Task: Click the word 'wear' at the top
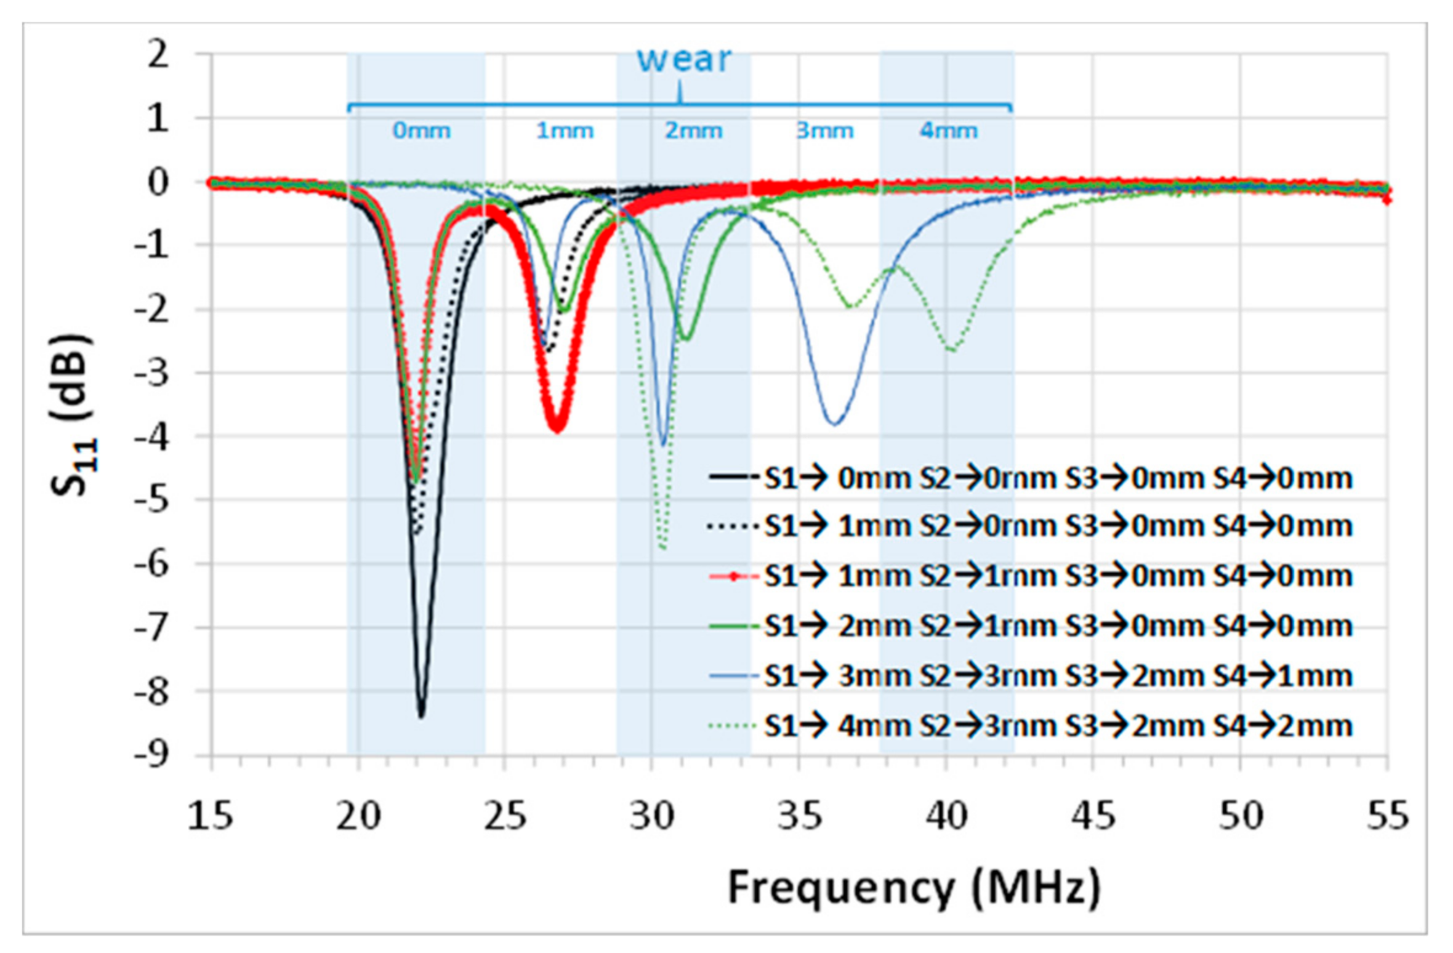click(x=683, y=60)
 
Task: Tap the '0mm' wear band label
click(x=422, y=131)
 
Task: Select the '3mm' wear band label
click(x=825, y=131)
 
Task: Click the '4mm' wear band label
click(x=949, y=131)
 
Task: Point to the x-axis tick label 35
click(x=799, y=816)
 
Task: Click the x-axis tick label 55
click(x=1387, y=816)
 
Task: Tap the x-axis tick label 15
click(x=211, y=816)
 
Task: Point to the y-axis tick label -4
click(x=151, y=436)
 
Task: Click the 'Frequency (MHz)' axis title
click(x=914, y=887)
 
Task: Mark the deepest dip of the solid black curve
click(x=422, y=715)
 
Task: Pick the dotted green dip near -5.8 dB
click(x=662, y=547)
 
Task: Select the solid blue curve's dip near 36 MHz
click(x=834, y=424)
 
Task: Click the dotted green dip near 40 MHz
click(x=952, y=349)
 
